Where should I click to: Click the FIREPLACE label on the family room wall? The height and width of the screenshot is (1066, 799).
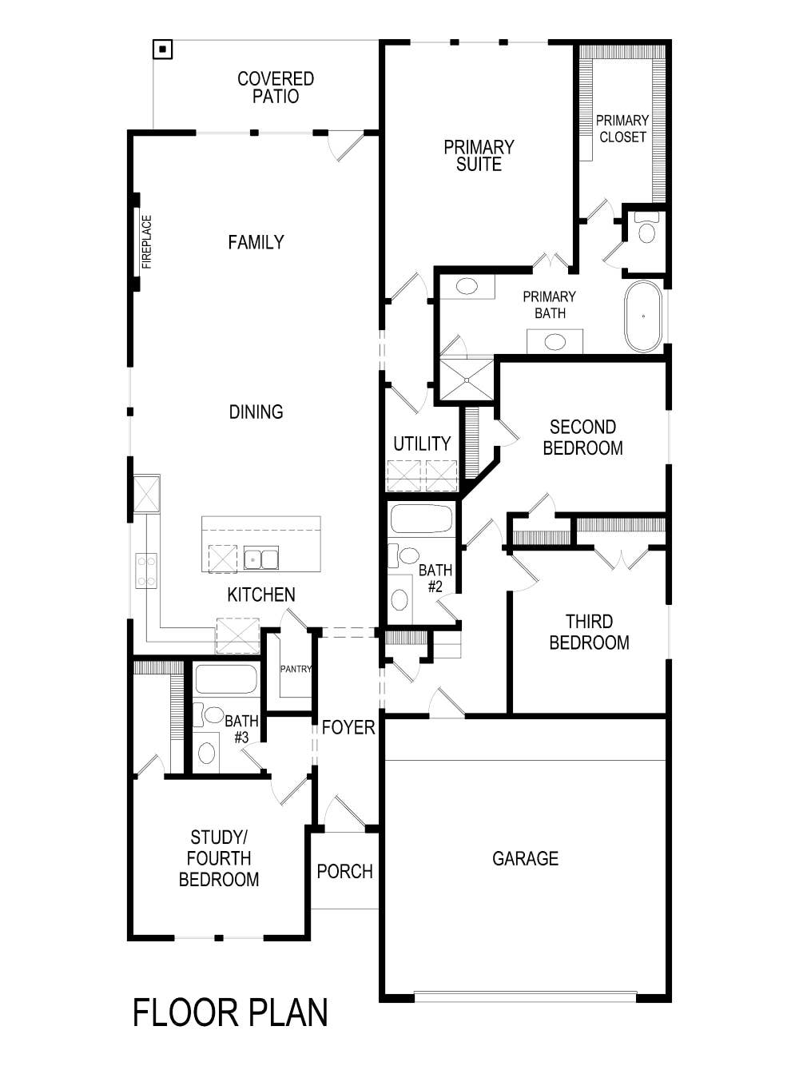(x=146, y=241)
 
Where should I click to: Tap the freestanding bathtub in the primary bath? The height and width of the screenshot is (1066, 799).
(x=643, y=316)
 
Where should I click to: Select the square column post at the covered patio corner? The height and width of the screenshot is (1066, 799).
(x=163, y=50)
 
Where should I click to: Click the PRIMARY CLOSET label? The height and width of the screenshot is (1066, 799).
(x=622, y=129)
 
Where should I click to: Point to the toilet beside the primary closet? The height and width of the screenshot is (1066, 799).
(x=646, y=229)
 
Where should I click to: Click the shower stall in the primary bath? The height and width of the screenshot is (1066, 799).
(x=467, y=379)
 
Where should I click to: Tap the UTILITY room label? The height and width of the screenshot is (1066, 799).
(x=422, y=444)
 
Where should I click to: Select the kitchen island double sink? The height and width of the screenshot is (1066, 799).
(x=260, y=559)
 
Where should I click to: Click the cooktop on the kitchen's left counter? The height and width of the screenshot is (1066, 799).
(x=146, y=571)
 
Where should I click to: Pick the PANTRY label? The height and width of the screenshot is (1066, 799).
(x=296, y=669)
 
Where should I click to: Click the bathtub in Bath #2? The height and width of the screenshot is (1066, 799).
(x=421, y=519)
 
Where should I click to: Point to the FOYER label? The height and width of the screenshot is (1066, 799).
(x=348, y=727)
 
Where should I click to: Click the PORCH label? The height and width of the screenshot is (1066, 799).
(x=345, y=871)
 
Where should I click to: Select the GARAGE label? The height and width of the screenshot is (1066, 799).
(x=525, y=858)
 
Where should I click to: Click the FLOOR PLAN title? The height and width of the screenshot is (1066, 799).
(x=230, y=1012)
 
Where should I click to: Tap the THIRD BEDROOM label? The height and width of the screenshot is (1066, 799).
(x=589, y=632)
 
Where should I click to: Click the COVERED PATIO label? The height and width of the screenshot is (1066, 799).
(x=276, y=87)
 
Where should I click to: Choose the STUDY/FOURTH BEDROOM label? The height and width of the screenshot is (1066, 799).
(x=219, y=858)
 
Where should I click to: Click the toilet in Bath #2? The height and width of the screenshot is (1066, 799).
(x=408, y=555)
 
